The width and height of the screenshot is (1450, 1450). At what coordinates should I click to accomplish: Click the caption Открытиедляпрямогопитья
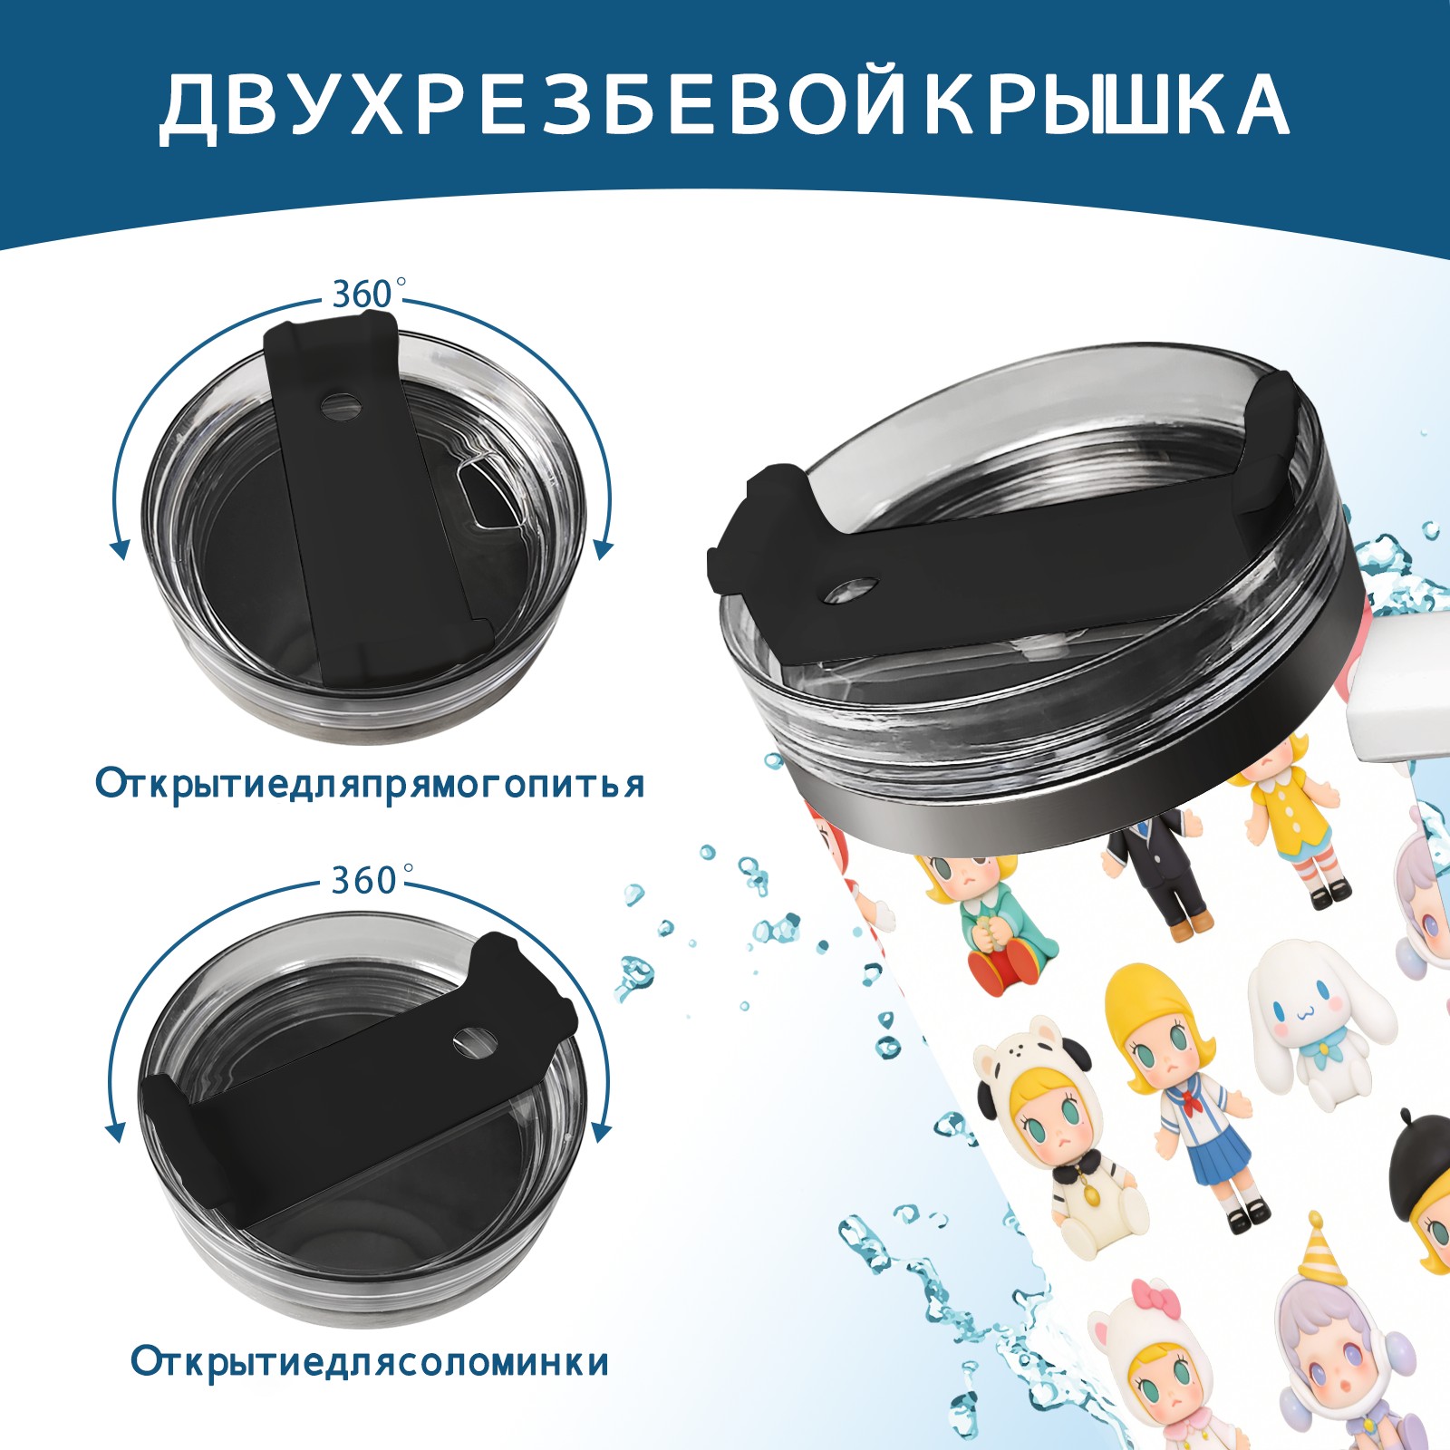tap(370, 785)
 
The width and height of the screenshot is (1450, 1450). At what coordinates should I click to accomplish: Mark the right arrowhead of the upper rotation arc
tap(604, 548)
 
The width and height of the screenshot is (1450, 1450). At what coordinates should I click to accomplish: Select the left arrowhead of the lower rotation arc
tap(116, 1133)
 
